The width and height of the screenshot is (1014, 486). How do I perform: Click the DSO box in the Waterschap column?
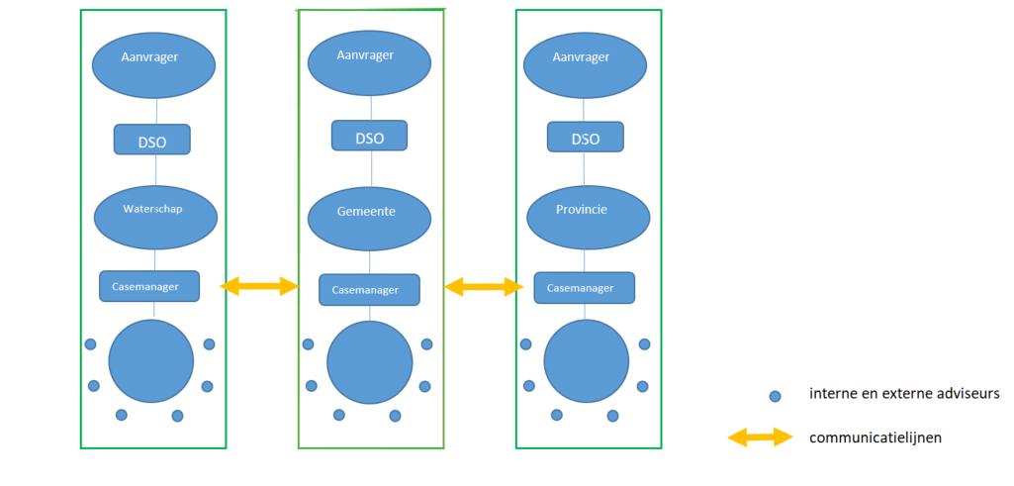click(151, 141)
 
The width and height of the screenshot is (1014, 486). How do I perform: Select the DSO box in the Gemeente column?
click(369, 137)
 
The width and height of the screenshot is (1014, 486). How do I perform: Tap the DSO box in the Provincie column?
click(585, 138)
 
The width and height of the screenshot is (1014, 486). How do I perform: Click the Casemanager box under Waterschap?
click(149, 286)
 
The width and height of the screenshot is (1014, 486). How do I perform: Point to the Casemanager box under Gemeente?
click(369, 290)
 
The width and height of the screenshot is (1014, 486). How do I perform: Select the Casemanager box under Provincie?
click(584, 288)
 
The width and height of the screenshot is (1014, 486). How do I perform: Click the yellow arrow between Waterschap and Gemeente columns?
click(259, 287)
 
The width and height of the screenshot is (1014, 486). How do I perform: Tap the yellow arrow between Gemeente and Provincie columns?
click(484, 287)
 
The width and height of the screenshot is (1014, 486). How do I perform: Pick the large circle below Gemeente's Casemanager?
click(369, 363)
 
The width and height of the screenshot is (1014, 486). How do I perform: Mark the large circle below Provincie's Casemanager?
click(586, 361)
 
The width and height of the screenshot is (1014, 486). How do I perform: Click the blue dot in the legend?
click(775, 396)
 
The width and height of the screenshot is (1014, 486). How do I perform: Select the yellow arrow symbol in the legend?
click(760, 437)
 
